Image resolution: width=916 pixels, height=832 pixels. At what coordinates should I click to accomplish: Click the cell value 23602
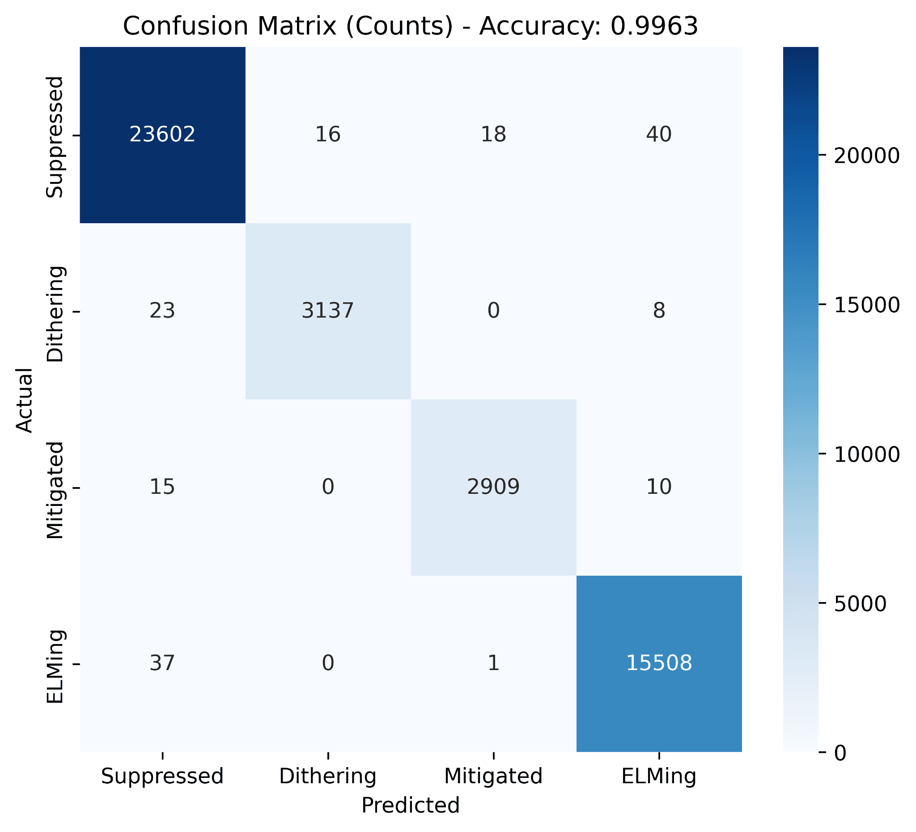coord(162,135)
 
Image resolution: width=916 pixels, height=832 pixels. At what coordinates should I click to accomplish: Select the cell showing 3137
coord(327,311)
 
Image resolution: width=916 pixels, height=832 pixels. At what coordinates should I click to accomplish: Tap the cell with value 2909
coord(493,487)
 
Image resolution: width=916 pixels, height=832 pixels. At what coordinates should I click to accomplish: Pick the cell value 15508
coord(659,663)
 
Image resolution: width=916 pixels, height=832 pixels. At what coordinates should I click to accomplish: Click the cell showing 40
coord(659,135)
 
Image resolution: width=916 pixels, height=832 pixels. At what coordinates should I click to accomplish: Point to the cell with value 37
coord(162,663)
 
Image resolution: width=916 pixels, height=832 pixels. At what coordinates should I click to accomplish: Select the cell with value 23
coord(162,311)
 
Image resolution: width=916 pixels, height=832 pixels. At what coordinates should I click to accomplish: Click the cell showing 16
coord(327,135)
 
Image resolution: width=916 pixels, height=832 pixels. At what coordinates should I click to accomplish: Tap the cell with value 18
coord(493,135)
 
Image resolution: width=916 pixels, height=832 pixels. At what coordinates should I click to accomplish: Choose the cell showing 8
coord(659,311)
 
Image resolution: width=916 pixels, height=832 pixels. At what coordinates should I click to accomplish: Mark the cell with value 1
coord(493,663)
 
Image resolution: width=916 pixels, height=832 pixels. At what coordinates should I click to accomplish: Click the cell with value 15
coord(162,487)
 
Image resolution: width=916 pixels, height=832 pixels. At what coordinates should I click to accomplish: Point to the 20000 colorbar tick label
coord(867,156)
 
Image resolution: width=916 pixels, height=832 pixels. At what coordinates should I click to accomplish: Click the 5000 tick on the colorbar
coord(861,604)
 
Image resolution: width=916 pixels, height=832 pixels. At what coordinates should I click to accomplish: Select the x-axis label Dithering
coord(327,777)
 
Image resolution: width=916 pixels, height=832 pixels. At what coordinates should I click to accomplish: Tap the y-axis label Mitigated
coord(55,490)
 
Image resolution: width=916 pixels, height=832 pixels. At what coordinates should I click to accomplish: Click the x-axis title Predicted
coord(410,806)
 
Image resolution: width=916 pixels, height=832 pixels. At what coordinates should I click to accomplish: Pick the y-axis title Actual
coord(25,400)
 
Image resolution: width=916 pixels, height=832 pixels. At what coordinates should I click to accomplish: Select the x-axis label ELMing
coord(659,777)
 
